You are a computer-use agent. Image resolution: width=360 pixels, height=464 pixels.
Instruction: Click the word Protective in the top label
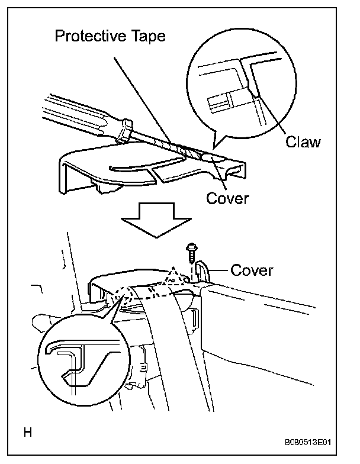pyautogui.click(x=89, y=37)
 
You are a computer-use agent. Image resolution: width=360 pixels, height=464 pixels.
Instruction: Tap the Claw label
pyautogui.click(x=303, y=141)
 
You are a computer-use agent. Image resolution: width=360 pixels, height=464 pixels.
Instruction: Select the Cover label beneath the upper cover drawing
pyautogui.click(x=227, y=198)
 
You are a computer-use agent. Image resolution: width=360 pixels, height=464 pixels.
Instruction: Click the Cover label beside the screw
pyautogui.click(x=252, y=270)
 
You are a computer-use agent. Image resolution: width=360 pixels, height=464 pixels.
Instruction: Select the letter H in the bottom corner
pyautogui.click(x=27, y=433)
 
